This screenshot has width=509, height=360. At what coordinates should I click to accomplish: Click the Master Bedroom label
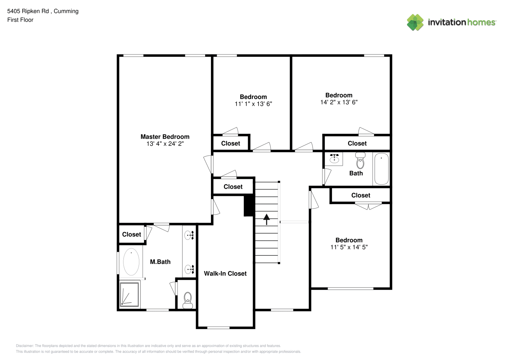tap(165, 136)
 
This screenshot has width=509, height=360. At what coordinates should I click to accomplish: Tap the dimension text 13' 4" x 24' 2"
tap(165, 144)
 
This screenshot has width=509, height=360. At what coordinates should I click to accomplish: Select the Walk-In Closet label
tap(225, 273)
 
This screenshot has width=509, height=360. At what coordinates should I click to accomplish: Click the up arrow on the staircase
tap(266, 219)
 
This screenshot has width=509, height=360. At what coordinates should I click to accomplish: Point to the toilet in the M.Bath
tap(188, 300)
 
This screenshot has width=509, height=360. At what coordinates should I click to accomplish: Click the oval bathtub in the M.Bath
tap(131, 262)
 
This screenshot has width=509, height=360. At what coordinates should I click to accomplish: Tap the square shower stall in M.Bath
tap(129, 294)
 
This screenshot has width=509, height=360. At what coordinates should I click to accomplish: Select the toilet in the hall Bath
tap(360, 161)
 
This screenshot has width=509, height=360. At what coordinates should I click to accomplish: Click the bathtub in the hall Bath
tap(382, 168)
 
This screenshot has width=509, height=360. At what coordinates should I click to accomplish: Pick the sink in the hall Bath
tap(334, 159)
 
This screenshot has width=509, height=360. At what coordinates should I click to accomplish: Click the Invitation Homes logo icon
tap(415, 22)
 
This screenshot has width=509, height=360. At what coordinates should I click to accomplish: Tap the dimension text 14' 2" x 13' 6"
tap(339, 102)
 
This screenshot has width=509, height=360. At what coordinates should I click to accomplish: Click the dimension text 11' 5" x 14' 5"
tap(349, 247)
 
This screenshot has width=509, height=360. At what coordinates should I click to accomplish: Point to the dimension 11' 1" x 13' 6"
tap(253, 104)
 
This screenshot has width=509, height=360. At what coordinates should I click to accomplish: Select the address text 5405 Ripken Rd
tap(28, 11)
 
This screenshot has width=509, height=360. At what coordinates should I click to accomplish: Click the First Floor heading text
tap(20, 20)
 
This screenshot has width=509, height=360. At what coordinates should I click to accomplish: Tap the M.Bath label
tap(160, 262)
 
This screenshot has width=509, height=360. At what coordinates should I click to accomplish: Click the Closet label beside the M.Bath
tap(131, 234)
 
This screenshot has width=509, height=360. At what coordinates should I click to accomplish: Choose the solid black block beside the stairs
tap(249, 205)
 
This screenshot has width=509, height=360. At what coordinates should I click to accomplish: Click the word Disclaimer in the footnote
tap(25, 346)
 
